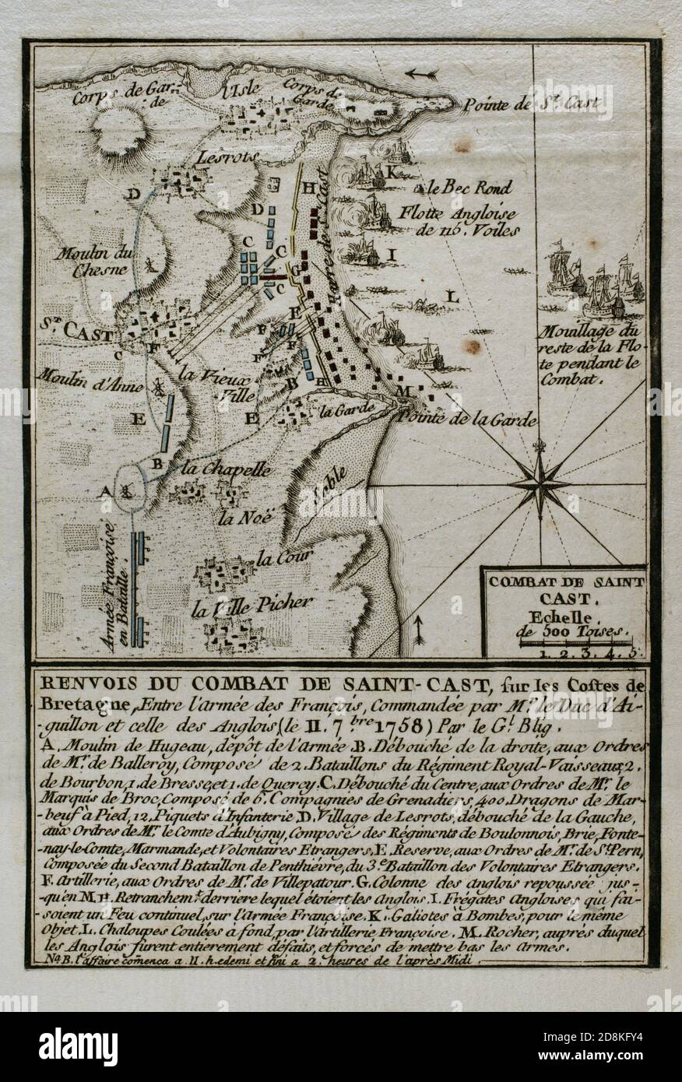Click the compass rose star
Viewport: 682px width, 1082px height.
[x=539, y=483]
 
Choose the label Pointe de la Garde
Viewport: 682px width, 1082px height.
[x=466, y=420]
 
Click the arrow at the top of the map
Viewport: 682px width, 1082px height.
[x=422, y=75]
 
